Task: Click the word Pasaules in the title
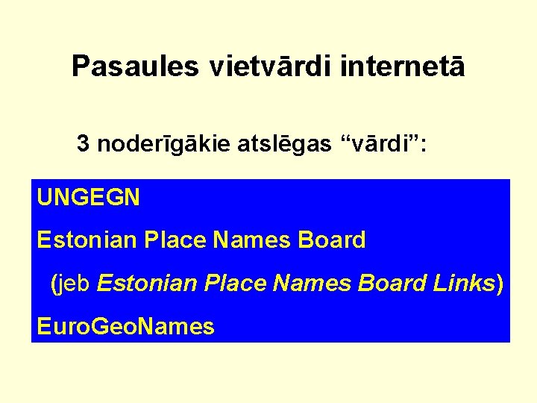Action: pyautogui.click(x=135, y=66)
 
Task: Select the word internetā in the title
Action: pyautogui.click(x=403, y=66)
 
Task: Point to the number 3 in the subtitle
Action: pyautogui.click(x=84, y=144)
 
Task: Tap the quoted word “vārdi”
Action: pyautogui.click(x=380, y=144)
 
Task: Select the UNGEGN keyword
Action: pyautogui.click(x=88, y=198)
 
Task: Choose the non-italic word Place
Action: pyautogui.click(x=175, y=240)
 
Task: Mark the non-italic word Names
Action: pyautogui.click(x=252, y=240)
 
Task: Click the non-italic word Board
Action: pyautogui.click(x=332, y=240)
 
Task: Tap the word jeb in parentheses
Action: pyautogui.click(x=75, y=284)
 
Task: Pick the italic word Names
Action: pyautogui.click(x=313, y=284)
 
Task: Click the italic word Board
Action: pyautogui.click(x=392, y=284)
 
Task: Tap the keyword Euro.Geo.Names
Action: pyautogui.click(x=125, y=326)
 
